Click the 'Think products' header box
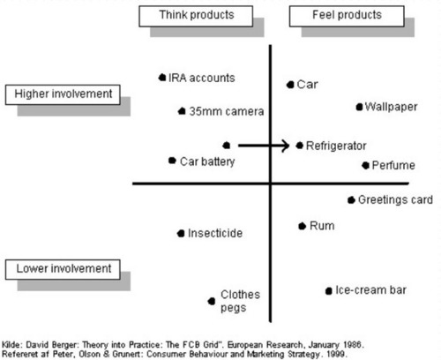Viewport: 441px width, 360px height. coord(196,16)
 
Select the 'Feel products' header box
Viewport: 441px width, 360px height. coord(347,16)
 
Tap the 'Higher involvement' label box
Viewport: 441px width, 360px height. coord(63,94)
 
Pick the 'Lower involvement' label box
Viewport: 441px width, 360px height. coord(63,269)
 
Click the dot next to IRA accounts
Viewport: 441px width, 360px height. coord(162,78)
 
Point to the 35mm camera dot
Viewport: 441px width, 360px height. coord(182,111)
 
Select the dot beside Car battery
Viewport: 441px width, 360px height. coord(172,161)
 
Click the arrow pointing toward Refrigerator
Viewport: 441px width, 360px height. coord(264,146)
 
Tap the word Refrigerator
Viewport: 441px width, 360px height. coord(336,146)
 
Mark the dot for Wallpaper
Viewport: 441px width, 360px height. coord(359,107)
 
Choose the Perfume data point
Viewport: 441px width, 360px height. coord(365,165)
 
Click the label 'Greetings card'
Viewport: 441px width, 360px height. coord(395,200)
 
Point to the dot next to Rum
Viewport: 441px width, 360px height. coord(302,226)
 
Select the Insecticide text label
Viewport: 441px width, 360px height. coord(215,233)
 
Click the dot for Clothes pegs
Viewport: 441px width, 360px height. coord(212,301)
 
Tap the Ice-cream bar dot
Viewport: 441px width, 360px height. coord(329,291)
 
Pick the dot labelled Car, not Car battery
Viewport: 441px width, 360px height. coord(290,85)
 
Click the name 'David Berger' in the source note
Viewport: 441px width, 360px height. coord(51,345)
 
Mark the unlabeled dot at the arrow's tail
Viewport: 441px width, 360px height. coord(227,146)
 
